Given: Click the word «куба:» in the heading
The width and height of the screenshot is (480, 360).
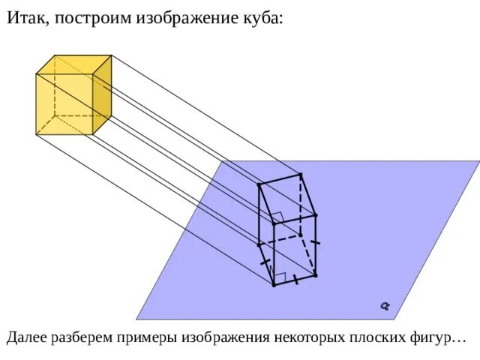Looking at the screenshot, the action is click(262, 18).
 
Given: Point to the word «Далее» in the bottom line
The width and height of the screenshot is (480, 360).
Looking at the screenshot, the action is click(28, 338).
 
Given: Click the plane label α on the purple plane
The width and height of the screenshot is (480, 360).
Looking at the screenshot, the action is click(385, 305).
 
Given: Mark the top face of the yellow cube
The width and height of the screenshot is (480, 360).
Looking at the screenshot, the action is click(73, 64).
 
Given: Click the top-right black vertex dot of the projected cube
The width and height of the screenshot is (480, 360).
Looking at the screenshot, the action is click(301, 174).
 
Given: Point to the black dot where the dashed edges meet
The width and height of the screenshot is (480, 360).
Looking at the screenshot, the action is click(300, 235).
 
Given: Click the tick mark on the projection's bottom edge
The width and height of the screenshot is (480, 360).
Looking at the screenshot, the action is click(295, 280).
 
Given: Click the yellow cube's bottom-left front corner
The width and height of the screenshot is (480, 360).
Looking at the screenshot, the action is click(37, 135).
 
